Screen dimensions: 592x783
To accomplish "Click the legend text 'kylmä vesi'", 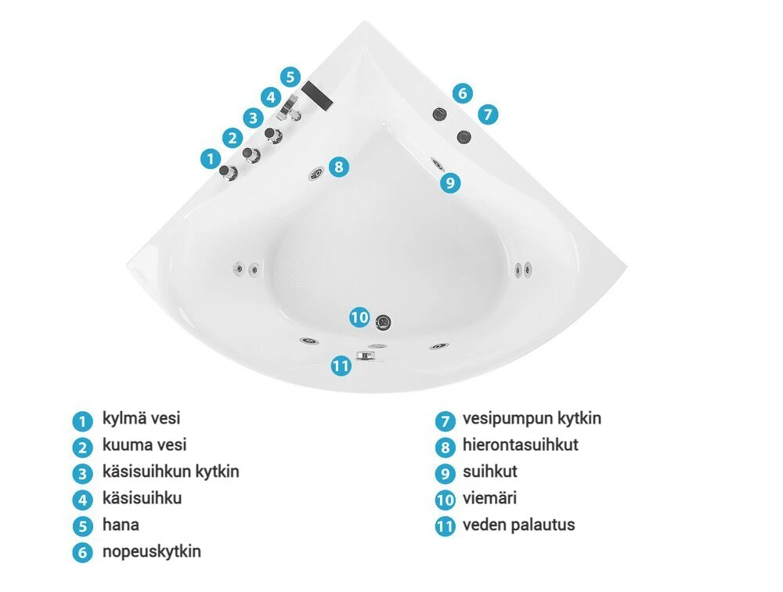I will (141, 419).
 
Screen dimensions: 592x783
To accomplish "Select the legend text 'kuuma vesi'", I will (144, 446).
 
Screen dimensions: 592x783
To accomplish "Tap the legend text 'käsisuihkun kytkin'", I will (170, 471).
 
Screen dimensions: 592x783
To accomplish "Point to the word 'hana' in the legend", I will (121, 525).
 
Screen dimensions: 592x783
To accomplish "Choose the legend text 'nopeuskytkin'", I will (151, 551).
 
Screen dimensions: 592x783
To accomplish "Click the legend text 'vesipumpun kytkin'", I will (532, 419).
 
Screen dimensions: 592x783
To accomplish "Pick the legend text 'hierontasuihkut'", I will (520, 446).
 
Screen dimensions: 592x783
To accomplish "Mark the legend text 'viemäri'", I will (489, 498).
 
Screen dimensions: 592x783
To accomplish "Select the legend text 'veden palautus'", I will (518, 525).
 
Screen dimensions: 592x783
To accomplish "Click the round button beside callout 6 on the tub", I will (439, 114).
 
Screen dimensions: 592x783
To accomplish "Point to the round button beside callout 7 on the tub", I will (465, 137).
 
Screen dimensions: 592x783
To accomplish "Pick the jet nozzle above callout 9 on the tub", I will (436, 164).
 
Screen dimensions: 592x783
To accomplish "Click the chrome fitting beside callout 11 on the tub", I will (366, 355).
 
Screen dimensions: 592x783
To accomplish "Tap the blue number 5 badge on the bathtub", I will (290, 77).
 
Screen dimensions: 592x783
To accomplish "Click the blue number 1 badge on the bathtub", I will (210, 159).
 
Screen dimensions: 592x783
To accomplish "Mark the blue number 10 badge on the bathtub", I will (359, 317).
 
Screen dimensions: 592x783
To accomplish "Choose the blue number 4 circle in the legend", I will (82, 499).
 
